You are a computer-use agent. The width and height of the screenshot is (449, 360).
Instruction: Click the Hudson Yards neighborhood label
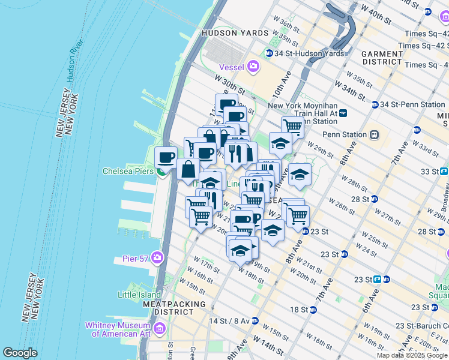(232, 34)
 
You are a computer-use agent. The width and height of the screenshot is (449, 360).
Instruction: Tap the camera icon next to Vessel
(253, 66)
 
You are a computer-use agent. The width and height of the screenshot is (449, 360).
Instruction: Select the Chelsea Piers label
(128, 170)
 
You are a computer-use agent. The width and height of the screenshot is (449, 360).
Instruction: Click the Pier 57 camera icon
(157, 258)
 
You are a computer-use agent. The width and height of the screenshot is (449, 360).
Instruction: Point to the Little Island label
(139, 295)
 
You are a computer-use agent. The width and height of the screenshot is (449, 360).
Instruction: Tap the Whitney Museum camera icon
(160, 328)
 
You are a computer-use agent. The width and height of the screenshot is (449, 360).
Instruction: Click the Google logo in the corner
(20, 353)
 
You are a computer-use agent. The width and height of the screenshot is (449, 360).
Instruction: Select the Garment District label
(382, 57)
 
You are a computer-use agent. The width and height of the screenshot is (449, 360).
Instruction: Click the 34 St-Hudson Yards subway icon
(269, 53)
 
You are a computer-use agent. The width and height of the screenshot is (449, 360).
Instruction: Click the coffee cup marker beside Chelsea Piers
(166, 158)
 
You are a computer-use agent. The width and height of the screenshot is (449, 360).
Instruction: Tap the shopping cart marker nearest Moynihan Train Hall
(292, 127)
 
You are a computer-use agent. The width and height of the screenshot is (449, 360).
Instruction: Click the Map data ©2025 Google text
(412, 355)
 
